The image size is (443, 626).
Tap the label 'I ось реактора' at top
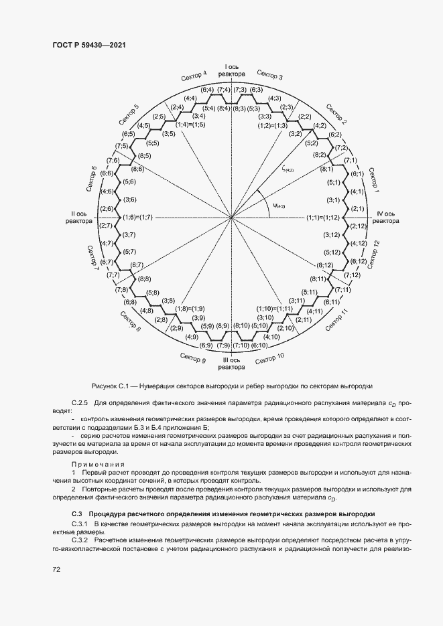pyautogui.click(x=231, y=71)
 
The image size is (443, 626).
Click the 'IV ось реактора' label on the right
pyautogui.click(x=386, y=218)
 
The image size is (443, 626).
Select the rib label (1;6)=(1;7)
pyautogui.click(x=138, y=218)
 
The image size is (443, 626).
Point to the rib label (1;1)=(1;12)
pyautogui.click(x=324, y=218)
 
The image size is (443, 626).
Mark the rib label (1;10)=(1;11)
pyautogui.click(x=275, y=308)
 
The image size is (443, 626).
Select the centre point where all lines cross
pyautogui.click(x=231, y=218)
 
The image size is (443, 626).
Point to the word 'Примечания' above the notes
pyautogui.click(x=99, y=464)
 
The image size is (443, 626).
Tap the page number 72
pyautogui.click(x=56, y=569)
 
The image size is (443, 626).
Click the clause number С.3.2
pyautogui.click(x=81, y=538)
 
